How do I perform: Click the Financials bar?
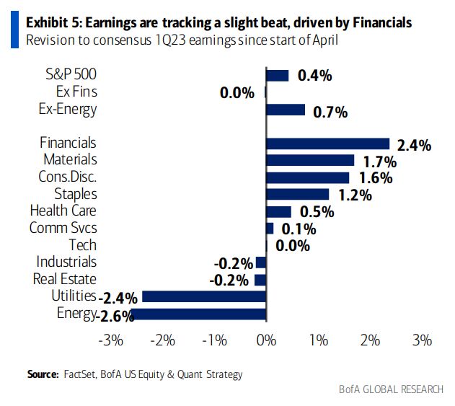pyautogui.click(x=327, y=144)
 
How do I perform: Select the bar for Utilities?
pyautogui.click(x=204, y=296)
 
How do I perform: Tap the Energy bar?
pyautogui.click(x=198, y=314)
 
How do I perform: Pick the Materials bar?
pyautogui.click(x=310, y=160)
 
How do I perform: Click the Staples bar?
pyautogui.click(x=297, y=194)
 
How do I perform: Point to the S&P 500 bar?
pyautogui.click(x=278, y=75)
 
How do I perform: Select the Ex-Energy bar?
pyautogui.click(x=286, y=110)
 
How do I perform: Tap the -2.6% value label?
pyautogui.click(x=113, y=315)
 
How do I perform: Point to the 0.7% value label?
pyautogui.click(x=330, y=112)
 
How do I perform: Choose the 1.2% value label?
pyautogui.click(x=353, y=195)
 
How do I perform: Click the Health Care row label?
pyautogui.click(x=63, y=211)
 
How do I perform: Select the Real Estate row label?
pyautogui.click(x=65, y=279)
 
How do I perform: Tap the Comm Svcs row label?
pyautogui.click(x=63, y=228)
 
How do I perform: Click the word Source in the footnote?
pyautogui.click(x=42, y=374)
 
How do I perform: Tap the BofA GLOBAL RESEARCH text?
pyautogui.click(x=392, y=390)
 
